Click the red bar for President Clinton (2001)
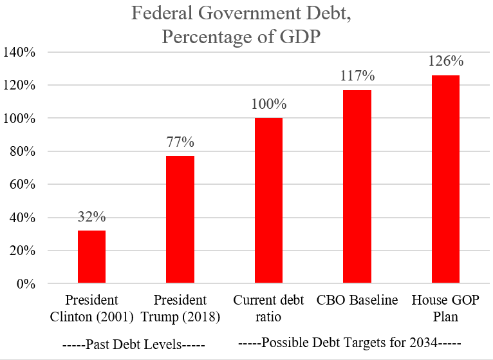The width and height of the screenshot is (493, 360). (x=91, y=256)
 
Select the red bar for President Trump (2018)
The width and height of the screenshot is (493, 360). (x=180, y=219)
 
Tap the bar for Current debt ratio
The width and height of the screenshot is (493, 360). (x=268, y=200)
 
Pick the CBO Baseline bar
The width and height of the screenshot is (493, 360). (x=357, y=186)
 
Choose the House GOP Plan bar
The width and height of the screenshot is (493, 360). (x=445, y=179)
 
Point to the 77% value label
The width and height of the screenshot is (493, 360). (x=180, y=142)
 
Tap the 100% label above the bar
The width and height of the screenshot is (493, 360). (x=268, y=104)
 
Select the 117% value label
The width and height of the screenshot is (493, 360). (x=357, y=76)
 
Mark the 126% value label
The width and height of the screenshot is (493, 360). (x=445, y=62)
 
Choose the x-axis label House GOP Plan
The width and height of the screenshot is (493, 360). (x=445, y=308)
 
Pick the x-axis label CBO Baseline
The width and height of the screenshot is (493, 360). (x=357, y=300)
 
